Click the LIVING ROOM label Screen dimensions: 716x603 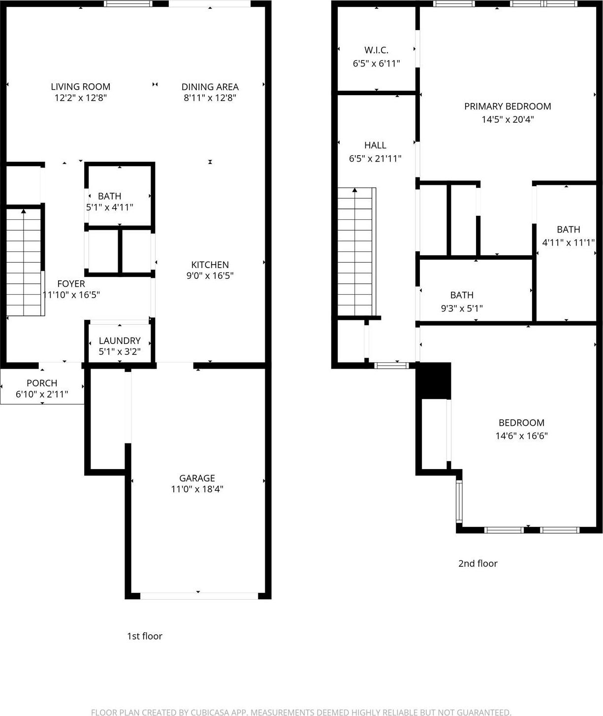(x=80, y=87)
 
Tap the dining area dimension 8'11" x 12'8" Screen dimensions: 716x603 (x=210, y=98)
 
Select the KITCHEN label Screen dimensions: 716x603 (x=210, y=265)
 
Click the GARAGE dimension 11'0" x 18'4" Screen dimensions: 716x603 (x=197, y=489)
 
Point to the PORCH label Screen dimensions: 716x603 (x=42, y=383)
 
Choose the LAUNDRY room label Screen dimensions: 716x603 (x=120, y=341)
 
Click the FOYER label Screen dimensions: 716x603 (x=71, y=283)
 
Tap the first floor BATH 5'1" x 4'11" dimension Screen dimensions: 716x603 (x=109, y=207)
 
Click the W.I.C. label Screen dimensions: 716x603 (x=376, y=50)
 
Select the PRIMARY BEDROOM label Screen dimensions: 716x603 (x=508, y=106)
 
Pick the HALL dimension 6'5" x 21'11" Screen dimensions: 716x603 (x=375, y=159)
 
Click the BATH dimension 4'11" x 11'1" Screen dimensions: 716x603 (x=569, y=242)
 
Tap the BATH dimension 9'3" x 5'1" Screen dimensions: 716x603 (x=462, y=308)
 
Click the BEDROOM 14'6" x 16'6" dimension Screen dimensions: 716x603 (x=521, y=436)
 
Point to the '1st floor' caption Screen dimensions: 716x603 (x=145, y=636)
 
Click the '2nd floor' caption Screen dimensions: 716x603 (x=478, y=563)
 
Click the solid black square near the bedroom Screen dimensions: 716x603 (x=434, y=380)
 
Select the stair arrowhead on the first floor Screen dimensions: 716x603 (x=23, y=211)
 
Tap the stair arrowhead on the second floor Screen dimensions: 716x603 (x=354, y=190)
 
